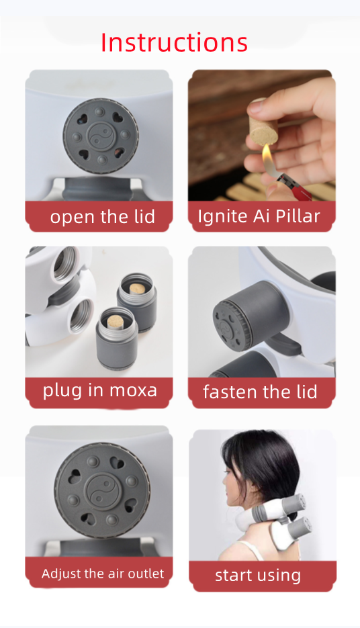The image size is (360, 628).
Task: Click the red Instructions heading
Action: (x=174, y=42)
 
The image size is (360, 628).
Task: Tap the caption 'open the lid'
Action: (x=103, y=217)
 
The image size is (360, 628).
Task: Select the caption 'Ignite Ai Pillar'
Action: (x=259, y=216)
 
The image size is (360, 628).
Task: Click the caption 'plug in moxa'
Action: (x=99, y=390)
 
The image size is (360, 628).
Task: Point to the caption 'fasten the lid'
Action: (x=260, y=392)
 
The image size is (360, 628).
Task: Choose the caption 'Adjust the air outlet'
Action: (x=103, y=574)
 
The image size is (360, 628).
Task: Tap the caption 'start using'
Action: (x=258, y=576)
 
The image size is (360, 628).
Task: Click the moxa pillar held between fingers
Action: (x=263, y=124)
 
